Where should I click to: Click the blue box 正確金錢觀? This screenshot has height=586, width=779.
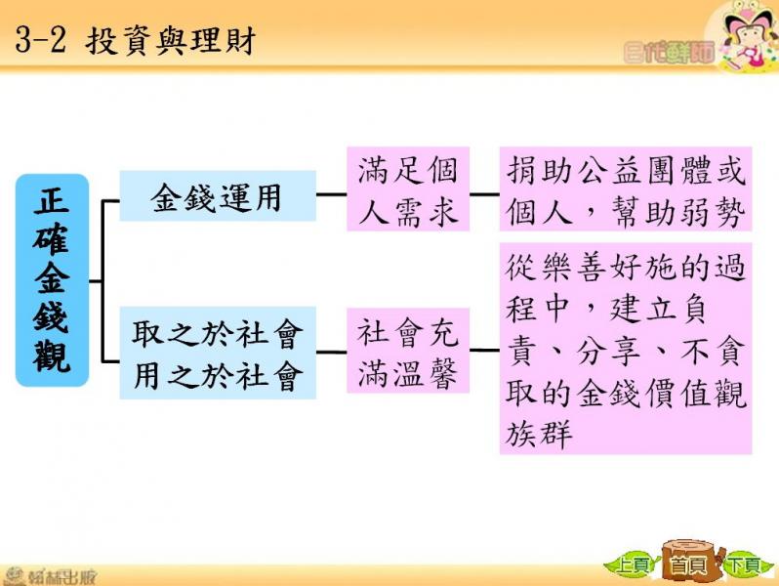click(52, 280)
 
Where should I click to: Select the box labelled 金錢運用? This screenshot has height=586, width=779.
click(218, 195)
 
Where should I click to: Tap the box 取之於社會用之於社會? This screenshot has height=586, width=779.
click(218, 353)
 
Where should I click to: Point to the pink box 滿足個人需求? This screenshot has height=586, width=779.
click(408, 188)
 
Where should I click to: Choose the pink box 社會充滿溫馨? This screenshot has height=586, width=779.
click(408, 351)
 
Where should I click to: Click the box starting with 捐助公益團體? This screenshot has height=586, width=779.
click(626, 188)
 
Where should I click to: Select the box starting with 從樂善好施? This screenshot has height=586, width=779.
click(626, 349)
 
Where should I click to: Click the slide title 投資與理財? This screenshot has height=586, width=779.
click(171, 40)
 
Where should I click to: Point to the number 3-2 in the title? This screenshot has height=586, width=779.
click(41, 40)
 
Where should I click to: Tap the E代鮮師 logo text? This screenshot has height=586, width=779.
click(669, 52)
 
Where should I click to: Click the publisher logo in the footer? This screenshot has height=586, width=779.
click(49, 576)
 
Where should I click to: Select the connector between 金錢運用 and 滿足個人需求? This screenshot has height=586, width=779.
click(331, 194)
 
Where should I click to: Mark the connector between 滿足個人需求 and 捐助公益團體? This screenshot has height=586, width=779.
click(484, 194)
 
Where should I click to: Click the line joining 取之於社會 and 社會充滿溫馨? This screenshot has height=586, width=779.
click(331, 353)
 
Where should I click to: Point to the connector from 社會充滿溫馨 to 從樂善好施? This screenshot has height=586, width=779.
click(484, 351)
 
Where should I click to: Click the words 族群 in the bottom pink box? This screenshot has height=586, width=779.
click(539, 434)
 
